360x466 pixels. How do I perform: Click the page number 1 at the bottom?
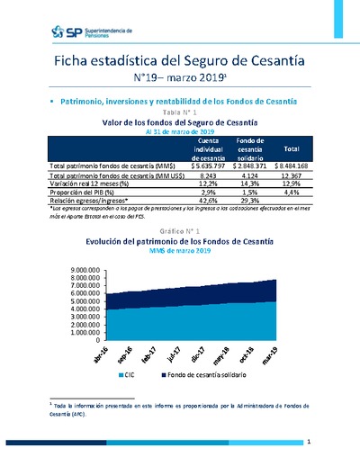[309, 442]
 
